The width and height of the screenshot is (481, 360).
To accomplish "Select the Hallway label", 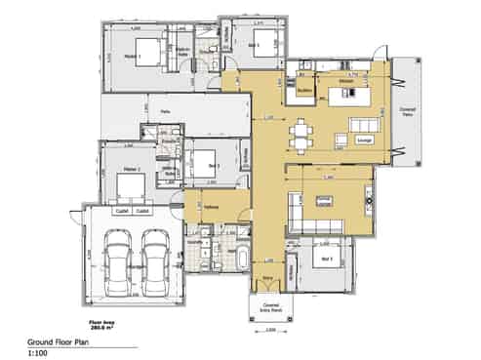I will (x=211, y=207).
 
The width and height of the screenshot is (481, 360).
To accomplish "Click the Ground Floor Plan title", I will (x=56, y=343).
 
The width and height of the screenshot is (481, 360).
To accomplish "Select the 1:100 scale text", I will (x=38, y=355).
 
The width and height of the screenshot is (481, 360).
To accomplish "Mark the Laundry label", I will (x=207, y=240).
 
